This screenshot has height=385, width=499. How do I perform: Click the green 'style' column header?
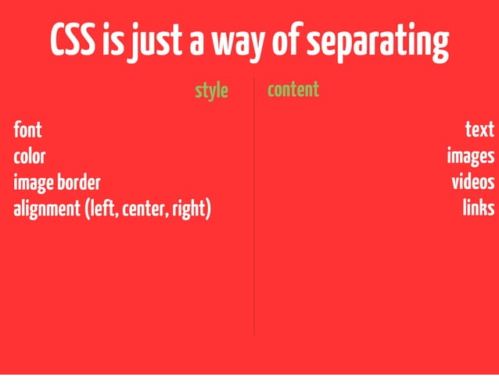click(x=211, y=91)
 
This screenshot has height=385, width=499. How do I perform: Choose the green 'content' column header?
click(x=293, y=90)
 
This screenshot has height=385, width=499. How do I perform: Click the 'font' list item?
click(x=27, y=130)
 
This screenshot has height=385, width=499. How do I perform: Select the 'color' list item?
click(x=29, y=156)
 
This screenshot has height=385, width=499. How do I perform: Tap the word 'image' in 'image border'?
click(x=32, y=184)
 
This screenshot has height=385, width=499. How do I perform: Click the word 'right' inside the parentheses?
click(x=191, y=210)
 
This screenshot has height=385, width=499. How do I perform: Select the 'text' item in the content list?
click(x=479, y=130)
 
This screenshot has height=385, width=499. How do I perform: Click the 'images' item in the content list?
click(x=470, y=156)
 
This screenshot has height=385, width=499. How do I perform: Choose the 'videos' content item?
click(x=473, y=183)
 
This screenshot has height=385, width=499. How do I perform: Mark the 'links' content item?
click(x=478, y=209)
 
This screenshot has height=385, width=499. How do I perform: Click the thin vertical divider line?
click(x=253, y=234)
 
